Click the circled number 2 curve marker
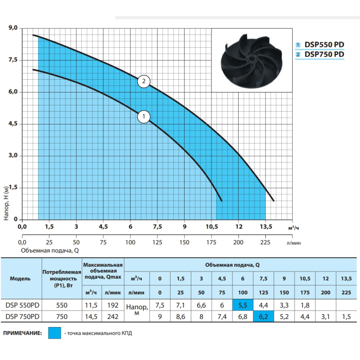tap(143, 81)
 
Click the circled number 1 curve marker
tap(143, 117)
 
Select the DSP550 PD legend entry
tap(320, 45)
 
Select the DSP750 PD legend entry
tap(320, 55)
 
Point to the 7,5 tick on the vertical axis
tap(13, 60)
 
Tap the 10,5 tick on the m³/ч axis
tap(212, 227)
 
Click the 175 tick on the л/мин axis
tap(211, 242)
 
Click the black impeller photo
tap(251, 61)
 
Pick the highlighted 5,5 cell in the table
tap(243, 305)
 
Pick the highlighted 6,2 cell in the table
tap(263, 317)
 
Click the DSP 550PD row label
tap(22, 305)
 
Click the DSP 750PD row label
tap(22, 317)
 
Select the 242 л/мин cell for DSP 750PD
tap(113, 317)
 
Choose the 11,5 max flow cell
tap(91, 305)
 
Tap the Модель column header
tap(20, 279)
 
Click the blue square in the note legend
tap(55, 333)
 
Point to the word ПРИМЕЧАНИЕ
tap(23, 333)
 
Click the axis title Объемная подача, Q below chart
tap(50, 250)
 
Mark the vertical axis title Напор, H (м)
tap(6, 203)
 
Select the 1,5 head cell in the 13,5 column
tap(347, 317)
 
